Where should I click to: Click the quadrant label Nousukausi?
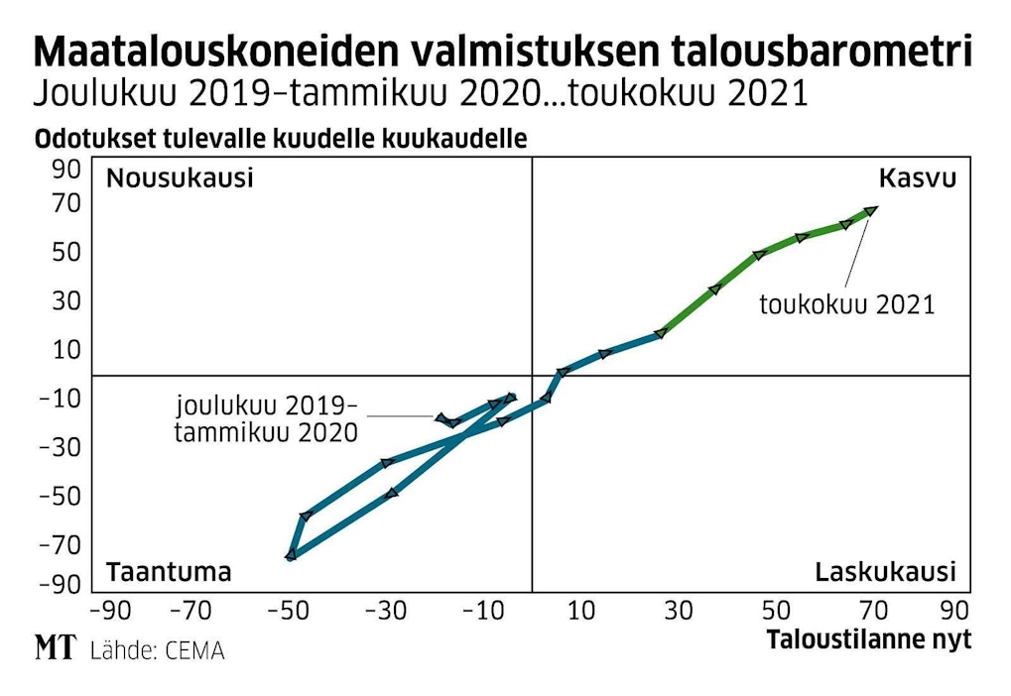[180, 179]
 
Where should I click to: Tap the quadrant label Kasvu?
[917, 179]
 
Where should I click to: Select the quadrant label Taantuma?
[169, 572]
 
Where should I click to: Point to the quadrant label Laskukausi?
[885, 572]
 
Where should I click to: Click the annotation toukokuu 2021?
[846, 304]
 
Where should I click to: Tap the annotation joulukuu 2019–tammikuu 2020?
[266, 418]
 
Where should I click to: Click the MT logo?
[56, 649]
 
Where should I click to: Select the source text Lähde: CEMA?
[157, 651]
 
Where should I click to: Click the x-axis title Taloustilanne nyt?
[868, 640]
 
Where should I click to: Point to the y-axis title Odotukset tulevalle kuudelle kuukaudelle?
[281, 140]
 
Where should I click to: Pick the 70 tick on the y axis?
[65, 203]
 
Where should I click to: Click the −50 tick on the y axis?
[60, 496]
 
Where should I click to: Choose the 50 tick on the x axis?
[776, 609]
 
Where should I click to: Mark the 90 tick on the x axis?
[952, 609]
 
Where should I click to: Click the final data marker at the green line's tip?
[871, 210]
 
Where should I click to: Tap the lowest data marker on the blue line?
[291, 555]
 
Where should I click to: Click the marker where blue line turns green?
[660, 333]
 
